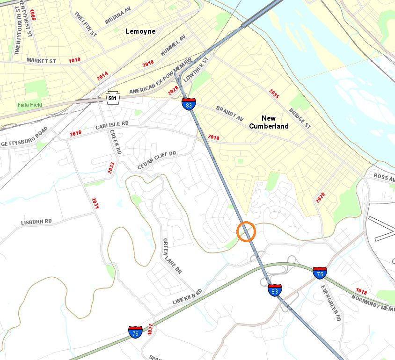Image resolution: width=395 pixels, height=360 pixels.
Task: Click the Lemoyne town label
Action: coord(140,31)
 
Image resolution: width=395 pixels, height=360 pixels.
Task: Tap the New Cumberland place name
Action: coord(275,122)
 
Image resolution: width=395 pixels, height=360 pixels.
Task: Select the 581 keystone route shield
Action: coord(112,98)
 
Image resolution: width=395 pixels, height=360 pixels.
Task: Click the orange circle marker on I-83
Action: coord(246,231)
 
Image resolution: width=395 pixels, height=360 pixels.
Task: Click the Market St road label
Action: coord(41,61)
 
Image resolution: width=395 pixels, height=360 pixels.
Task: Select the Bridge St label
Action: coord(300,119)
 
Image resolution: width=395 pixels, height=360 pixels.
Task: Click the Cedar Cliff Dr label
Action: coord(156,160)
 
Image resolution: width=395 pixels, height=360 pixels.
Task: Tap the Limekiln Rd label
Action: coord(187,297)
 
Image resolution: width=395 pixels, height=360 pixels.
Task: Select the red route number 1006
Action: coord(32,14)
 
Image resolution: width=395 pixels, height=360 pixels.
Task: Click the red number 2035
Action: coord(274,94)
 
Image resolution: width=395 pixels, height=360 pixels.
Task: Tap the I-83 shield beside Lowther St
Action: coord(189,104)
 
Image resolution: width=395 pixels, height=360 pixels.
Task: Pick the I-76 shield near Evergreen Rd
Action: coord(320,272)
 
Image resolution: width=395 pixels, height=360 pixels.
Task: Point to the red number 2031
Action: coord(95,203)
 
